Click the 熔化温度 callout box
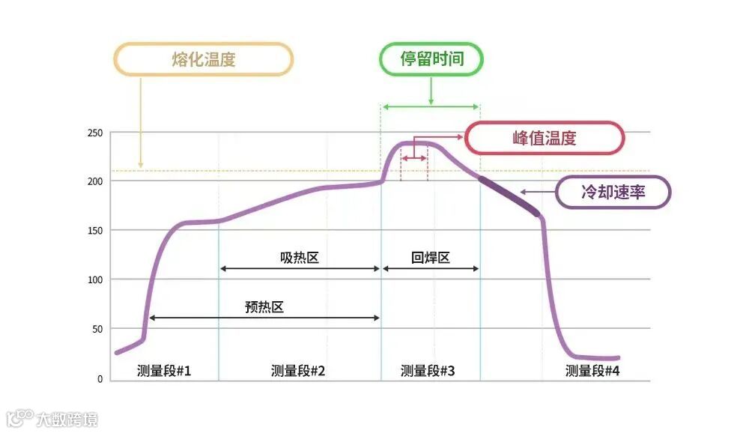pos(203,59)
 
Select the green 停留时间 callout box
pos(431,59)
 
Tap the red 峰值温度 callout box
pos(545,139)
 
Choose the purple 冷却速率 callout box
pos(613,193)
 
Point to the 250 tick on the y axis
pos(94,133)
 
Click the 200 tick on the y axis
pos(94,181)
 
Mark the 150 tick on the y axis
pos(94,230)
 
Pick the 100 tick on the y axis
pos(94,279)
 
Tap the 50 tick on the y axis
pos(97,329)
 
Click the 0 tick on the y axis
pos(100,378)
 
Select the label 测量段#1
pos(164,370)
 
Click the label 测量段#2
pos(298,370)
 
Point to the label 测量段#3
pos(428,370)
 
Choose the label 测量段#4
pos(592,370)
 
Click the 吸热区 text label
pos(300,258)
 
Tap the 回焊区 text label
pos(431,258)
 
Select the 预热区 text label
pos(264,306)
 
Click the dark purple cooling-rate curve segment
pos(509,196)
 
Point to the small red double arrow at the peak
pos(414,159)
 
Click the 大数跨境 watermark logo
pos(52,418)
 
